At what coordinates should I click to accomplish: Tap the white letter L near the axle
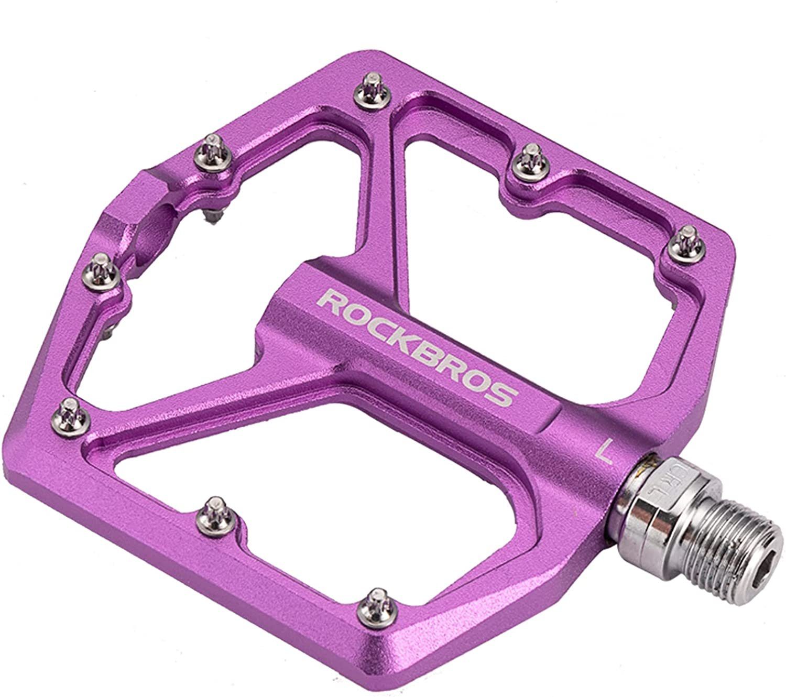[x=606, y=452]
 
